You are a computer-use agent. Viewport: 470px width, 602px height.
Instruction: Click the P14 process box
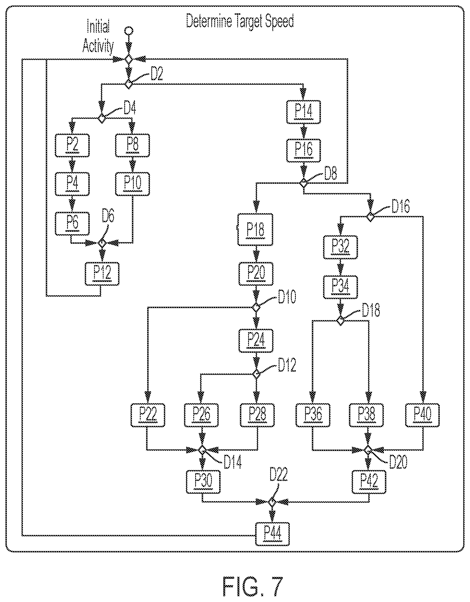[303, 112]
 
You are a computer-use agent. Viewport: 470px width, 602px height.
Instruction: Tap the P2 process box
[72, 145]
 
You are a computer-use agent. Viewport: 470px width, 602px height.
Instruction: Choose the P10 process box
[132, 184]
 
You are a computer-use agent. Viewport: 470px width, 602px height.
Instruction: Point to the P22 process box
[148, 415]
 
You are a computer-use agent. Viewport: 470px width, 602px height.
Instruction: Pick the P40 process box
[423, 415]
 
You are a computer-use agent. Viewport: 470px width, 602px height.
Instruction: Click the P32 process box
[341, 247]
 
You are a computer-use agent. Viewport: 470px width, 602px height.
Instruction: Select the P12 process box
[102, 274]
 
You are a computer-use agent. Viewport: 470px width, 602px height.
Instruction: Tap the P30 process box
[203, 482]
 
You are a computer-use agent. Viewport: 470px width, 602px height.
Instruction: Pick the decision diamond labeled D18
[341, 321]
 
